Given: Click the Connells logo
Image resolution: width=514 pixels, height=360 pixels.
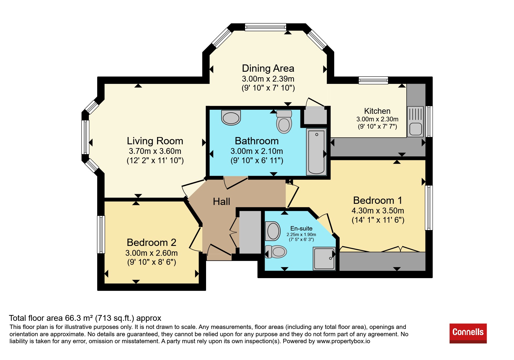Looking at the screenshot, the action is click(x=468, y=333).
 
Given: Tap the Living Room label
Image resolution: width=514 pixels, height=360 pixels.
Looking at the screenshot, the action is click(x=155, y=141).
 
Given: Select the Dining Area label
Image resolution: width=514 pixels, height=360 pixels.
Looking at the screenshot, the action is click(x=268, y=68).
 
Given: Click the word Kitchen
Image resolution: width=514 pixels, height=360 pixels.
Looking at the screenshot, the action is click(x=377, y=111).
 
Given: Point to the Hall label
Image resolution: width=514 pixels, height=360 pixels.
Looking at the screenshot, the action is click(x=221, y=201).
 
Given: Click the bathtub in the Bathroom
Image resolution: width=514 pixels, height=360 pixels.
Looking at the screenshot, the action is click(x=316, y=152).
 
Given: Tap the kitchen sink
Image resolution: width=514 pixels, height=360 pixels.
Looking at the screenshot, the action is click(x=416, y=121).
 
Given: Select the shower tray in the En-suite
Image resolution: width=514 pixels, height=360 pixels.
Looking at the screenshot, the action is click(x=324, y=258).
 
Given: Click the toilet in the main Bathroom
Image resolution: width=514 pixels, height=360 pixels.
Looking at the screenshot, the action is click(x=284, y=121).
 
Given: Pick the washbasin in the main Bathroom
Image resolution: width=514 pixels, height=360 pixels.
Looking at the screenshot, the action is click(x=231, y=117).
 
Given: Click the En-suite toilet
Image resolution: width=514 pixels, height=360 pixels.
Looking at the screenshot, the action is click(x=276, y=251).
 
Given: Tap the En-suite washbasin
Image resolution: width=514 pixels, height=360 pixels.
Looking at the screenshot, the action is click(x=273, y=231).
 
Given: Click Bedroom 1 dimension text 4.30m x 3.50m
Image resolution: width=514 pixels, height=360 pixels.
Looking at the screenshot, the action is click(x=378, y=210).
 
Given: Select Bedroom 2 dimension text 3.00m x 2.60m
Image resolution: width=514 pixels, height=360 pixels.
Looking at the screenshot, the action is click(x=152, y=253).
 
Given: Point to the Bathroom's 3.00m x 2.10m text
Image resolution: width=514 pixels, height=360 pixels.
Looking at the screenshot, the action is click(x=257, y=151).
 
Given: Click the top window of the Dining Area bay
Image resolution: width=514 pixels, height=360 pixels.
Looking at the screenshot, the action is click(x=266, y=27).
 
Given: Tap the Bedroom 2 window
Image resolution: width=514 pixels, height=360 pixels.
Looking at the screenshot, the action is click(x=101, y=234).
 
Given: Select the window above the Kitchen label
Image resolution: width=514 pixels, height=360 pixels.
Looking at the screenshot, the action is click(x=373, y=80).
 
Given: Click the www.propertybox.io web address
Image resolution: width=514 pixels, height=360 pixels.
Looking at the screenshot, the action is click(x=343, y=341).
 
